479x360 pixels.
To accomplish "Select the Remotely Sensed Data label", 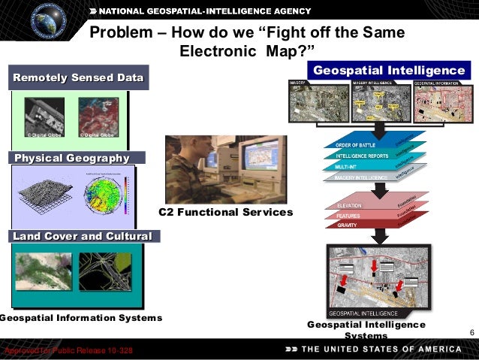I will click(x=78, y=78).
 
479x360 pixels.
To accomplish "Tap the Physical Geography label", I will click(x=71, y=158).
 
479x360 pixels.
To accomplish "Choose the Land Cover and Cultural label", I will click(x=82, y=237).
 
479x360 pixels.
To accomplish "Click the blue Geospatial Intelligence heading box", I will click(x=389, y=71).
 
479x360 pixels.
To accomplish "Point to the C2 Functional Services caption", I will click(x=226, y=213).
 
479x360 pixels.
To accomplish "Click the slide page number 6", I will click(x=471, y=333).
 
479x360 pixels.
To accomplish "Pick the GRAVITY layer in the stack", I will click(x=348, y=225).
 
